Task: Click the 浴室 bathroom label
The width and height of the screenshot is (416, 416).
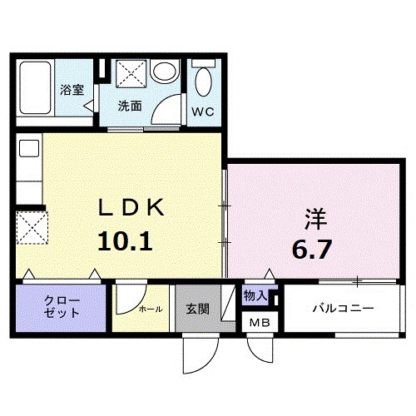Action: pyautogui.click(x=72, y=90)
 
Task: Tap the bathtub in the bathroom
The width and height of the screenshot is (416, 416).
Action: pyautogui.click(x=37, y=90)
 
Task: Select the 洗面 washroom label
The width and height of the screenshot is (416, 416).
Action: pyautogui.click(x=129, y=106)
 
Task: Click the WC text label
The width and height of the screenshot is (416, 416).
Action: pyautogui.click(x=204, y=111)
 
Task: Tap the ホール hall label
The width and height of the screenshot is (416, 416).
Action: pyautogui.click(x=150, y=309)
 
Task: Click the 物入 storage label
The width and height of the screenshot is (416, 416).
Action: pyautogui.click(x=255, y=295)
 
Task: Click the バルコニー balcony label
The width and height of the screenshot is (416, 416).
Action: pyautogui.click(x=343, y=308)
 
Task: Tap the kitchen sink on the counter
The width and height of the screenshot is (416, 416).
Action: pyautogui.click(x=29, y=150)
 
